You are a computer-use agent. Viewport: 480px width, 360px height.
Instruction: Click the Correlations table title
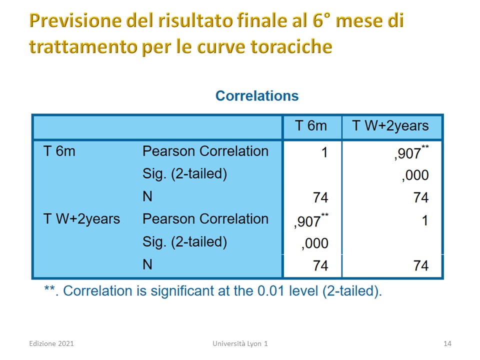(x=257, y=96)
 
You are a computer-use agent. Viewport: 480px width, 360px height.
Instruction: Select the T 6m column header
(x=310, y=126)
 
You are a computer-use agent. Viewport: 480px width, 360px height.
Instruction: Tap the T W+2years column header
(x=390, y=126)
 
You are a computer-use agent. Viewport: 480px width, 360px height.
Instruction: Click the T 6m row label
(x=59, y=151)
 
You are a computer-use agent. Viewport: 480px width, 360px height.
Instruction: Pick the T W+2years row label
(x=81, y=219)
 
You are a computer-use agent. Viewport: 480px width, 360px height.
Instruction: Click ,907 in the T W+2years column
(x=411, y=152)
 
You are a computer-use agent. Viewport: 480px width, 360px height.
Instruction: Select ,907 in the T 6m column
(x=311, y=220)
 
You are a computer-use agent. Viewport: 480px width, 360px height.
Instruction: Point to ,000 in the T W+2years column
(x=415, y=175)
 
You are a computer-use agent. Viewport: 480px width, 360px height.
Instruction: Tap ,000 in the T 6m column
(x=314, y=243)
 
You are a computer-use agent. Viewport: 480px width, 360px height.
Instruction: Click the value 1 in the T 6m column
(x=325, y=152)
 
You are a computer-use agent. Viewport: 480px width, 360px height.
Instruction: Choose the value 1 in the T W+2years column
(x=425, y=220)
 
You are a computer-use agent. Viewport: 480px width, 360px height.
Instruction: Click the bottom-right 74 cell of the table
(x=421, y=265)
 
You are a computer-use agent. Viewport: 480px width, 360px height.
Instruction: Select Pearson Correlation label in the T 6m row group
(x=205, y=151)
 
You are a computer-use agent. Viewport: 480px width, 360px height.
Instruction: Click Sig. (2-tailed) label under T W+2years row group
(x=184, y=242)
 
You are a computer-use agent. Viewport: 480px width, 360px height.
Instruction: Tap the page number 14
(x=447, y=343)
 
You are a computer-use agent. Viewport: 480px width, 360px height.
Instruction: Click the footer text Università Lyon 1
(x=240, y=343)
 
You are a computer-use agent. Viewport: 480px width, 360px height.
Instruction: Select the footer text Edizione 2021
(x=51, y=343)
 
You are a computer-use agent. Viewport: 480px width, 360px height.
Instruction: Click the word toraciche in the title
(x=291, y=47)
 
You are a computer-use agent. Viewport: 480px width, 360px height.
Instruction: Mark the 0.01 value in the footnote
(x=271, y=291)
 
